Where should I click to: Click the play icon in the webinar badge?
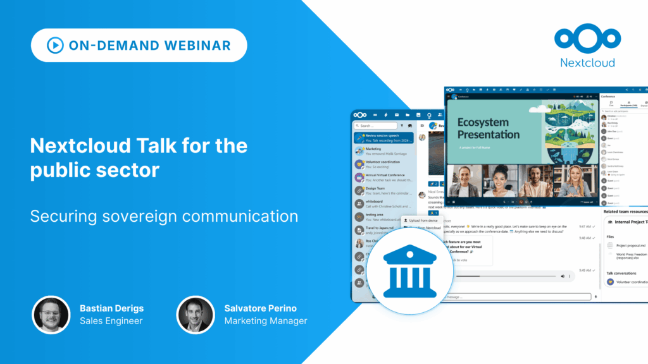[55, 45]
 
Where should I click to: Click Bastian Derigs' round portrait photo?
[51, 314]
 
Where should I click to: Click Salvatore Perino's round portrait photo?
[195, 314]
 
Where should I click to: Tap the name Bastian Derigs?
[111, 308]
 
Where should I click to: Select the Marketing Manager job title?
[265, 321]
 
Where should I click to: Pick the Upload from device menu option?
[423, 221]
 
